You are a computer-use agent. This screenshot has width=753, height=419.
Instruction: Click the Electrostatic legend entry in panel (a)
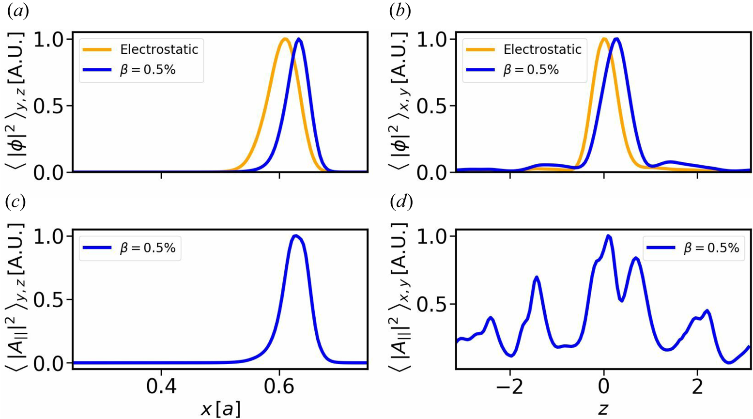tap(159, 49)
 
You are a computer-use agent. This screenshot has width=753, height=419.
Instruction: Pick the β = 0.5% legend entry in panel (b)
tap(531, 70)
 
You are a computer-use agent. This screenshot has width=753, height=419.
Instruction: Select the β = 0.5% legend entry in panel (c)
tap(148, 248)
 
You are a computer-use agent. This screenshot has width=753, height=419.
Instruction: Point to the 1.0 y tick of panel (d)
tap(437, 236)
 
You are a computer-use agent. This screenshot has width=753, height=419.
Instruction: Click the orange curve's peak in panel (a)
tap(285, 39)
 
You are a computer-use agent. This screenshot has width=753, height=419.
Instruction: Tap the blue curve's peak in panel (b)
tap(616, 39)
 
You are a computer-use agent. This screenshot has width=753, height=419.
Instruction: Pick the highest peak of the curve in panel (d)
tap(608, 236)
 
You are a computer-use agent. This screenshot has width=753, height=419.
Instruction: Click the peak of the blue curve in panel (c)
tap(295, 236)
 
